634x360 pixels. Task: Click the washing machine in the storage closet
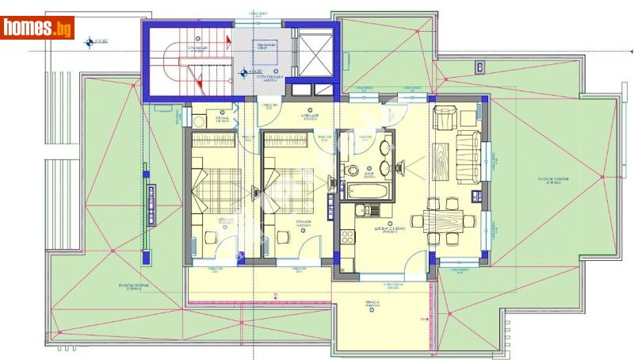pyautogui.click(x=198, y=121)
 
